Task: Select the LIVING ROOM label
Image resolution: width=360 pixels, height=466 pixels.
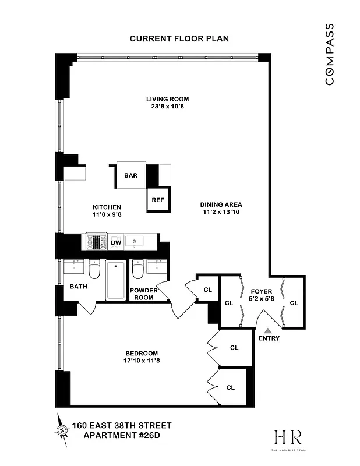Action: pyautogui.click(x=167, y=99)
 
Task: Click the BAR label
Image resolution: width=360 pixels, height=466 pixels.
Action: pyautogui.click(x=130, y=175)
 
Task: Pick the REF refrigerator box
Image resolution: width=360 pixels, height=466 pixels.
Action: pyautogui.click(x=157, y=200)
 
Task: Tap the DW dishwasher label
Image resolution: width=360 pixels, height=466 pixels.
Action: pyautogui.click(x=116, y=242)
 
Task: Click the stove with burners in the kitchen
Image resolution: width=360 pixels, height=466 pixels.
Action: pyautogui.click(x=97, y=241)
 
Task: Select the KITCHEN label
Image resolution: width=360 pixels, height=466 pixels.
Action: pyautogui.click(x=107, y=207)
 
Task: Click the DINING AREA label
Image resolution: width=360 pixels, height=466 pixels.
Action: pyautogui.click(x=221, y=204)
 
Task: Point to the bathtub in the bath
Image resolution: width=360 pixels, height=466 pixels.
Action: pyautogui.click(x=116, y=281)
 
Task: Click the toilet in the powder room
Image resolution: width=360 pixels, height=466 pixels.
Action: pyautogui.click(x=138, y=270)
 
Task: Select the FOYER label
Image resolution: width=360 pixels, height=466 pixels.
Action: pyautogui.click(x=262, y=291)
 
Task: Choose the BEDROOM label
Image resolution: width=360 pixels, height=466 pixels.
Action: pyautogui.click(x=142, y=353)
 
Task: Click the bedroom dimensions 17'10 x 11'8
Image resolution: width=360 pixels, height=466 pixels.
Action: pyautogui.click(x=142, y=361)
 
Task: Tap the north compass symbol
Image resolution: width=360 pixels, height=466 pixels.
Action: pyautogui.click(x=61, y=429)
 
